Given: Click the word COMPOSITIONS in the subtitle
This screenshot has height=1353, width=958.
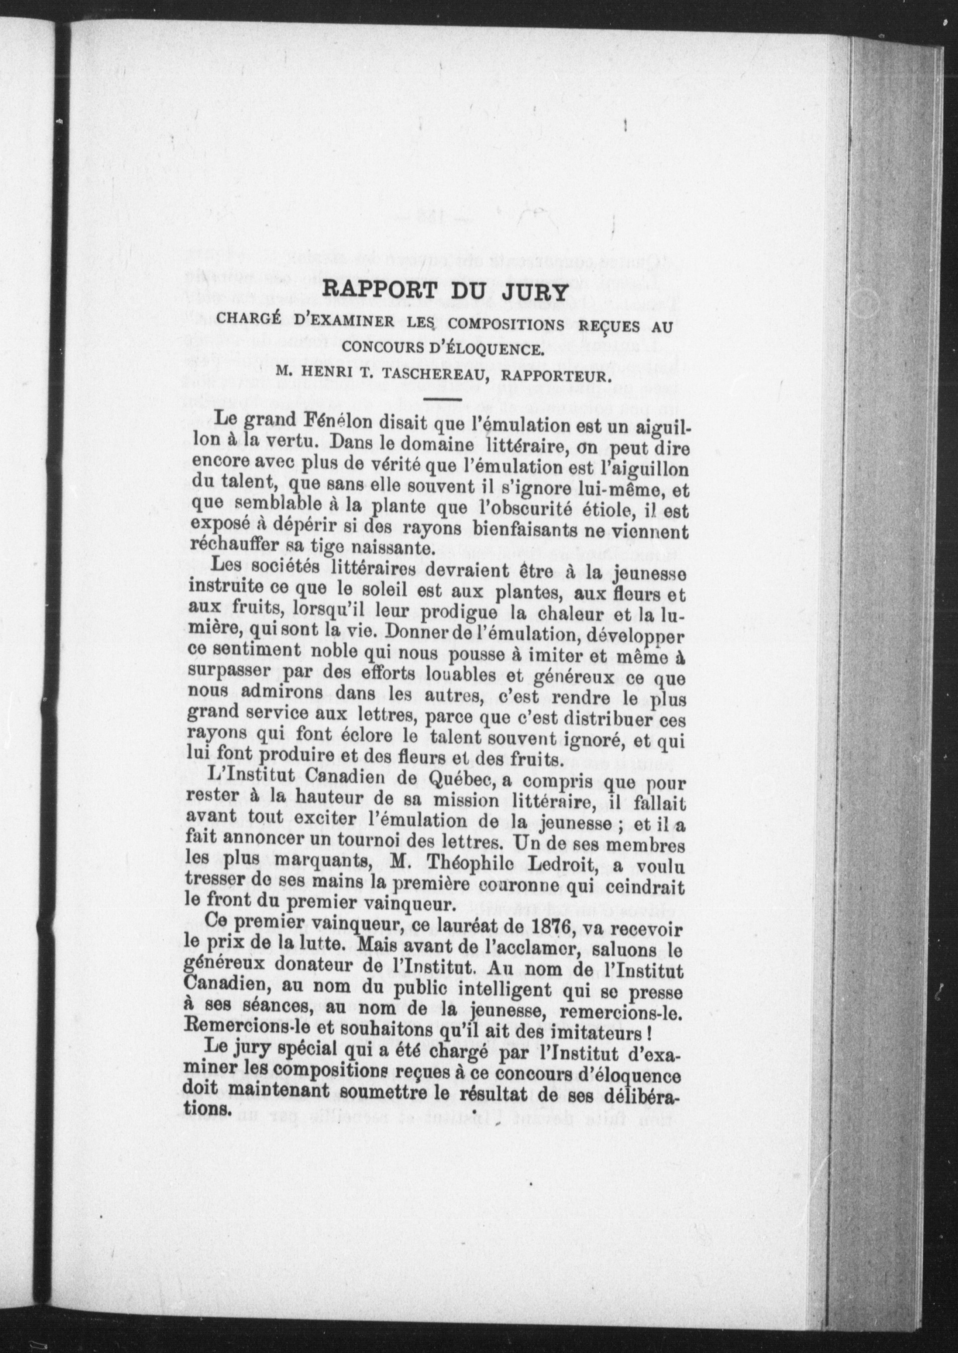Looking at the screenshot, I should pyautogui.click(x=502, y=324).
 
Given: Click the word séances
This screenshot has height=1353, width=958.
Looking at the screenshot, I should pyautogui.click(x=236, y=1012).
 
